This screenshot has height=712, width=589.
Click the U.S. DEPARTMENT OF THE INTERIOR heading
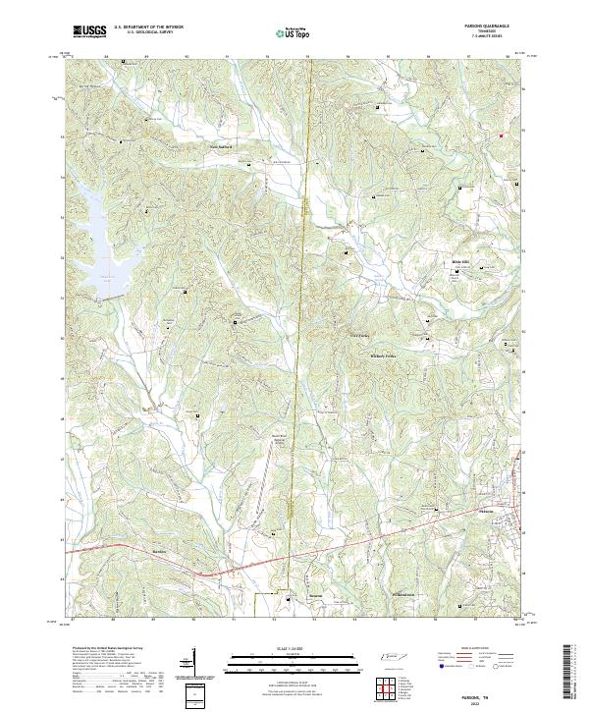(147, 27)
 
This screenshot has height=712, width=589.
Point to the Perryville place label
(404, 594)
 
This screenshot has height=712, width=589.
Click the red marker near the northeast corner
(501, 135)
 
